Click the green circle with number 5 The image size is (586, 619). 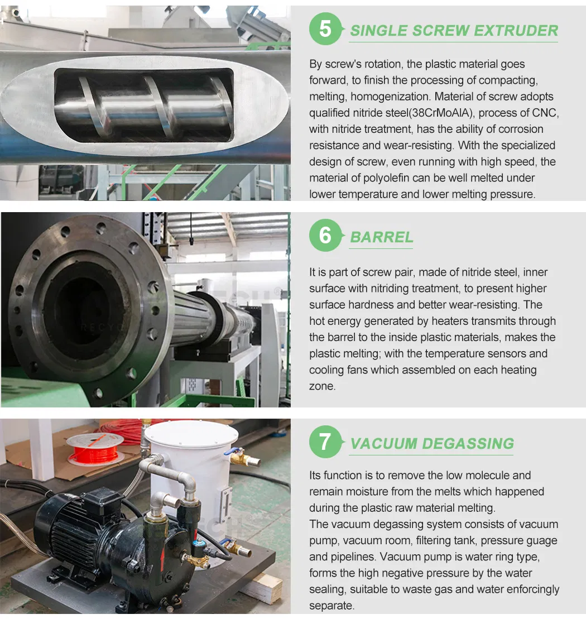(x=325, y=28)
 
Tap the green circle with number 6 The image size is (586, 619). (x=325, y=236)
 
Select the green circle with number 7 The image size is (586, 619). (x=325, y=442)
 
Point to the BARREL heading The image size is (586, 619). (x=382, y=237)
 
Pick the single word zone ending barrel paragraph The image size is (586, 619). (x=321, y=386)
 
